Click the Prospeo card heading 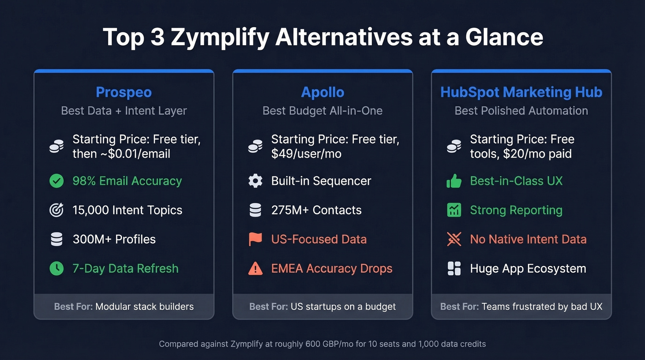click(123, 92)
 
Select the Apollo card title click(322, 92)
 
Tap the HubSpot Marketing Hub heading click(521, 92)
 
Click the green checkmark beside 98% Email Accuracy click(57, 181)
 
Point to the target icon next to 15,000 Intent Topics click(57, 210)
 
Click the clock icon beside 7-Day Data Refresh click(57, 268)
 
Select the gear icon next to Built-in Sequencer click(255, 181)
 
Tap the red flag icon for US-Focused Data click(255, 239)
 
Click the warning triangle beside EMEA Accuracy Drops click(255, 268)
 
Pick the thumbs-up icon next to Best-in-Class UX click(454, 181)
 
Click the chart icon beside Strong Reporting click(454, 210)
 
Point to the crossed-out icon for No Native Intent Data click(454, 239)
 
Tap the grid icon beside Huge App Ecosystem click(454, 268)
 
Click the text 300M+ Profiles click(114, 239)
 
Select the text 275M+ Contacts click(317, 210)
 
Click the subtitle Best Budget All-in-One click(322, 111)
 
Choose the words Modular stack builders click(144, 307)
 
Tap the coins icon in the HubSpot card click(454, 147)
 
